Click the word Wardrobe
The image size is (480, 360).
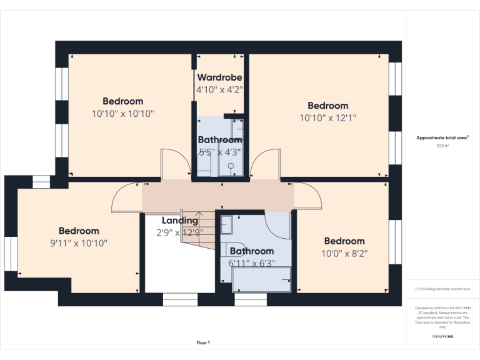click(x=219, y=77)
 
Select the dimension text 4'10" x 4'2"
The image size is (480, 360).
click(x=219, y=89)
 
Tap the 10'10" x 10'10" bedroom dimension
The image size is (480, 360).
click(x=122, y=114)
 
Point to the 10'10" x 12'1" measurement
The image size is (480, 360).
click(x=327, y=117)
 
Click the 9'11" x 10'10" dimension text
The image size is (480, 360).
click(x=79, y=243)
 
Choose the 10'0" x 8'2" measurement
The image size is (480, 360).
click(x=344, y=254)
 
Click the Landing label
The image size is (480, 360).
click(x=180, y=221)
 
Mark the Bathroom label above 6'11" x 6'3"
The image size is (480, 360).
click(x=252, y=251)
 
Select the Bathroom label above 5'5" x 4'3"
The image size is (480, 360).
click(x=220, y=140)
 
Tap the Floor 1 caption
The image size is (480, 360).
click(x=203, y=342)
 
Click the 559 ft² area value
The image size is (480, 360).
click(x=442, y=146)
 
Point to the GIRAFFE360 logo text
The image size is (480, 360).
click(x=442, y=337)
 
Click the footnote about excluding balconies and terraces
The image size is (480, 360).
click(x=442, y=289)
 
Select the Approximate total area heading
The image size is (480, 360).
click(x=442, y=137)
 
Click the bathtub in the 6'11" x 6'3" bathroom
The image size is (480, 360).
click(x=261, y=279)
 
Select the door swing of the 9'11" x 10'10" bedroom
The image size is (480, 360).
click(x=125, y=199)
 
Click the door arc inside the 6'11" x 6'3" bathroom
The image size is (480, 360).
click(x=275, y=225)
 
